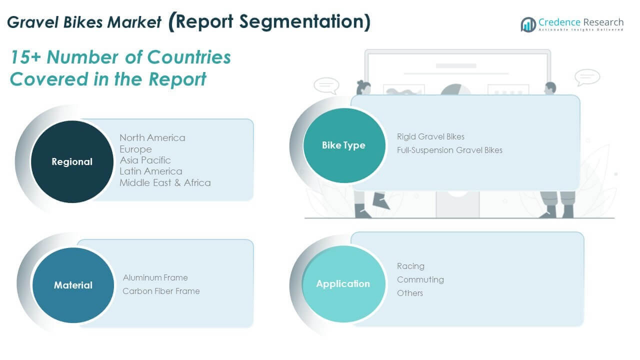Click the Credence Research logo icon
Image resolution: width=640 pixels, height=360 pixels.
pos(528,24)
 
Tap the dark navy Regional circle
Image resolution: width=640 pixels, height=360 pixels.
pos(72,161)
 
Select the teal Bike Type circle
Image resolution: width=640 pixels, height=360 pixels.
pos(343,145)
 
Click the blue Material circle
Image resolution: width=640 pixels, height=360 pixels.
pos(73,285)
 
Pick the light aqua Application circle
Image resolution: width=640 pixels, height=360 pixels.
pos(343,283)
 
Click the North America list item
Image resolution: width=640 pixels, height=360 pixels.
pos(152,137)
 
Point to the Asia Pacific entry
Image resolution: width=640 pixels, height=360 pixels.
pos(145,160)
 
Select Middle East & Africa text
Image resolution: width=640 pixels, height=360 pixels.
pos(165,182)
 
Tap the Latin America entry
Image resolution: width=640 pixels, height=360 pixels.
pos(151,171)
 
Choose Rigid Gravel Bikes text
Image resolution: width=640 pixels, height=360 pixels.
pos(430,136)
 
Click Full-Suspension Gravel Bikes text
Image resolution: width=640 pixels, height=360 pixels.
pos(449,150)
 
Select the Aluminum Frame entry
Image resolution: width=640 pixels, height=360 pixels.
pos(155,277)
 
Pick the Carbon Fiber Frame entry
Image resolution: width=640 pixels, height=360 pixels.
pos(161,291)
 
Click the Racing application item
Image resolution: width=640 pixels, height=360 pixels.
pos(410,266)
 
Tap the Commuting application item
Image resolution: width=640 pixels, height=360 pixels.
pos(420,279)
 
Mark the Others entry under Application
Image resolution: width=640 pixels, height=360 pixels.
pos(410,293)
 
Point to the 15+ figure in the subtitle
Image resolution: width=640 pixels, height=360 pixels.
pos(25,57)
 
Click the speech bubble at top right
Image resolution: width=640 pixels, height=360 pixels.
pos(587,77)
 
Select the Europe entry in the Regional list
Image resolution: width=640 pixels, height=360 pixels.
pos(135,149)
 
